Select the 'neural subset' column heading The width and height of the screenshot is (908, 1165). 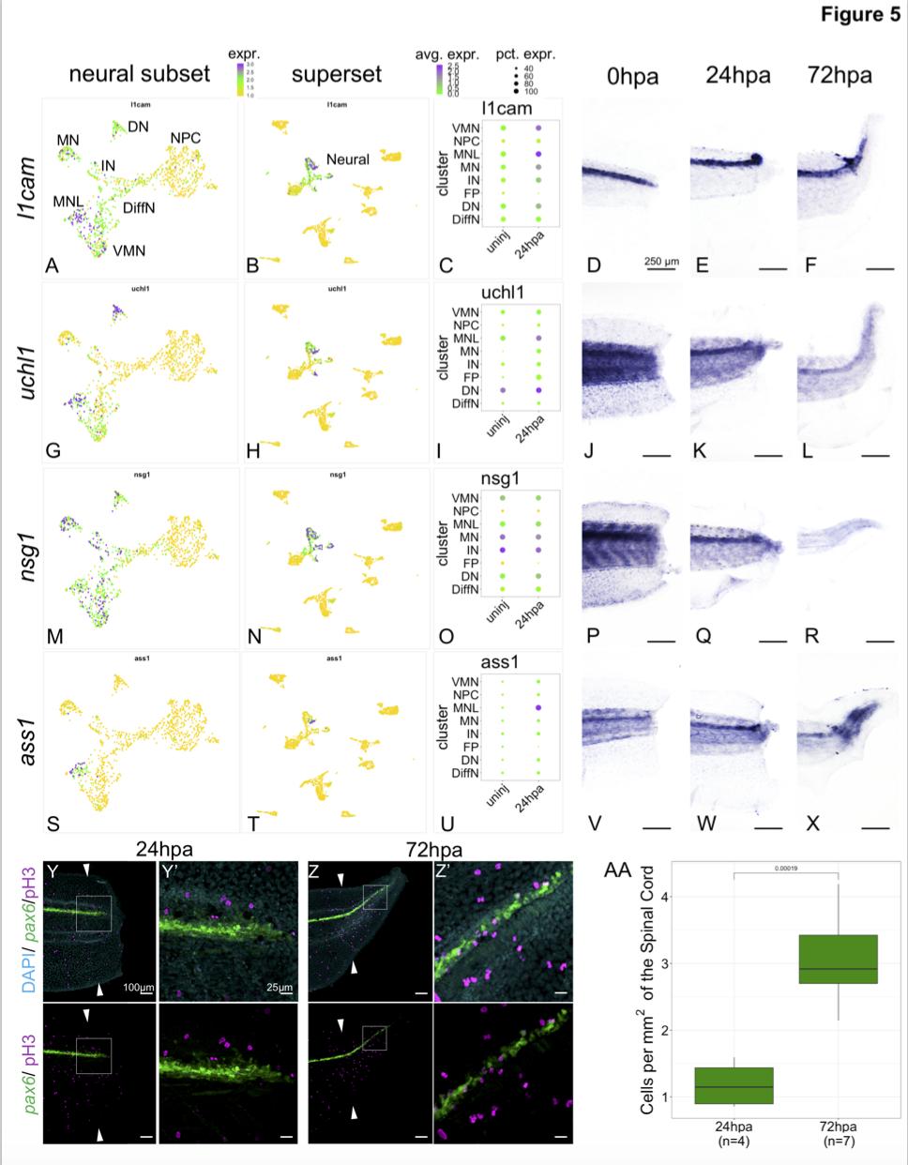tap(139, 74)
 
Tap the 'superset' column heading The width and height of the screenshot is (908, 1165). tap(337, 74)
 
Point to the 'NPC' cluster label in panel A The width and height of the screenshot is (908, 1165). tap(185, 138)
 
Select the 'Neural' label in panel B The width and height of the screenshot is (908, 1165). tap(348, 159)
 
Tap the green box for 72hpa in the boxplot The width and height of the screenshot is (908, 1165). tap(837, 959)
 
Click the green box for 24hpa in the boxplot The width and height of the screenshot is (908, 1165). tap(733, 1085)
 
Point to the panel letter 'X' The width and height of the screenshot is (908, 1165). tap(813, 823)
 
